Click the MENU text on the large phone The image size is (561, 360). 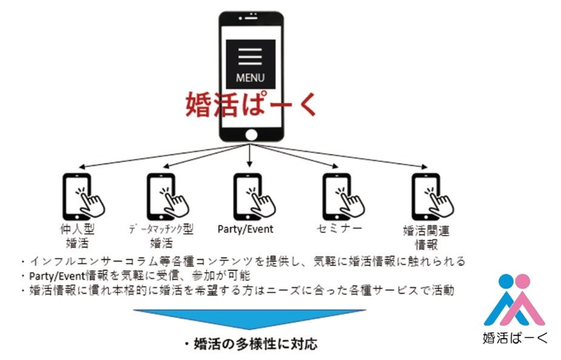pyautogui.click(x=250, y=78)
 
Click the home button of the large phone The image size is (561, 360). pyautogui.click(x=250, y=135)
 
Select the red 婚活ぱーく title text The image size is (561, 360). pyautogui.click(x=251, y=104)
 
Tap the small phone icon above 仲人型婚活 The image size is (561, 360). pyautogui.click(x=80, y=195)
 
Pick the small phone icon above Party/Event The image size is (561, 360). pyautogui.click(x=250, y=195)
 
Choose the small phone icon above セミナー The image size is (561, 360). pyautogui.click(x=339, y=195)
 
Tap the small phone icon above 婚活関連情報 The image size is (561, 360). pyautogui.click(x=428, y=195)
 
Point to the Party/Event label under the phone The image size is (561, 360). pyautogui.click(x=245, y=229)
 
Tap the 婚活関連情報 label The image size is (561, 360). pyautogui.click(x=426, y=238)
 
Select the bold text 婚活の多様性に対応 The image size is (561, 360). pyautogui.click(x=250, y=344)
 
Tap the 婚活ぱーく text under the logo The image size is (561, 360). pyautogui.click(x=515, y=336)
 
